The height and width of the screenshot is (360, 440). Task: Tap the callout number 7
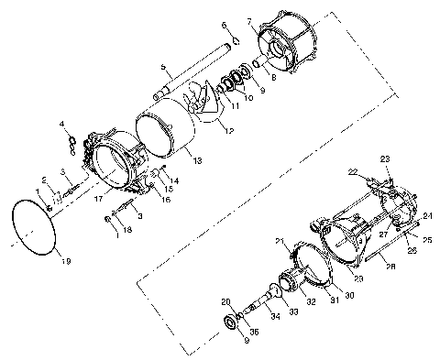click(x=249, y=20)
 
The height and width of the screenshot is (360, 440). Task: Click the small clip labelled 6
click(x=233, y=38)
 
